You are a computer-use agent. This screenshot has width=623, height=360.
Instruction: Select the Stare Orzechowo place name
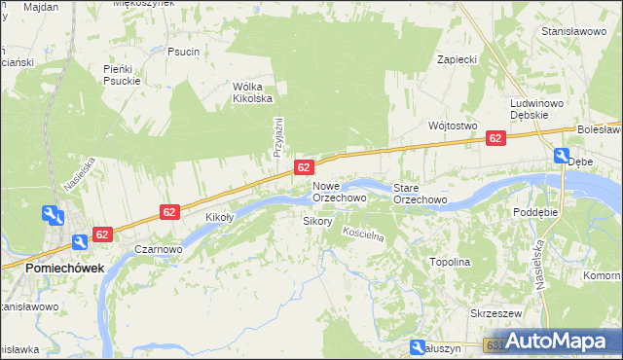420,193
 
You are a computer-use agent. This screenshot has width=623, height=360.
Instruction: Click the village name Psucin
183,52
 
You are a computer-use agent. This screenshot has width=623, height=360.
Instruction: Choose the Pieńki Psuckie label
123,75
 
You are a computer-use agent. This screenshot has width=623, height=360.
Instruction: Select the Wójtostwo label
452,126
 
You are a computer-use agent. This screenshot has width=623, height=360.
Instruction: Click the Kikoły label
221,217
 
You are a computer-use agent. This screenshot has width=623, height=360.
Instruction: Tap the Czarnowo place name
159,249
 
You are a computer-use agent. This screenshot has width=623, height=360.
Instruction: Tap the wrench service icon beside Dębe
563,155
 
